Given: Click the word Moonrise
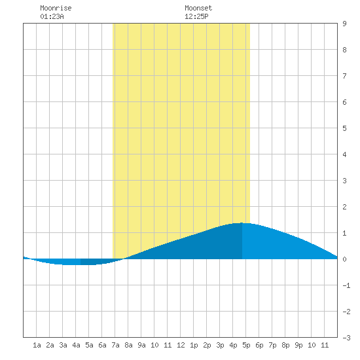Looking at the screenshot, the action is (x=56, y=8).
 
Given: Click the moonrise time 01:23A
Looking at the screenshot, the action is (x=52, y=16).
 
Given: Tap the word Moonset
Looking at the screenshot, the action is (x=198, y=8).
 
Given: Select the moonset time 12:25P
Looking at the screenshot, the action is (x=196, y=16).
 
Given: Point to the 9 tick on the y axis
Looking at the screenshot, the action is (x=344, y=24).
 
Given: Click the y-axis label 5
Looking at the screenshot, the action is (x=344, y=128).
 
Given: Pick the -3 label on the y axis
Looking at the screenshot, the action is (x=346, y=338).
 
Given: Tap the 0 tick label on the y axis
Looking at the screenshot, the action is (x=344, y=259).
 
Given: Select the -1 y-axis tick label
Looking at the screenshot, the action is (x=346, y=285).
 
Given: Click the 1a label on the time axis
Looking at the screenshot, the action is (x=37, y=345).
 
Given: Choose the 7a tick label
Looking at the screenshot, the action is (x=115, y=345).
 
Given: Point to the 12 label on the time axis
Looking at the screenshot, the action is (x=181, y=345).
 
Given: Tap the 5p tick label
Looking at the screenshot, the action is (x=246, y=345).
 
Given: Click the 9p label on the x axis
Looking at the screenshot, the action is (x=298, y=345).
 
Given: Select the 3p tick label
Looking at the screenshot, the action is (x=220, y=345).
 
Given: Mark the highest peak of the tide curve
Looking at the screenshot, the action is (x=242, y=223).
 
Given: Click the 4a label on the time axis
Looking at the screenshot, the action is (x=76, y=345).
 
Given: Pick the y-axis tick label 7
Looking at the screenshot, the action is (x=344, y=76).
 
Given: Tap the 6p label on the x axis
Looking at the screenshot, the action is (x=259, y=345).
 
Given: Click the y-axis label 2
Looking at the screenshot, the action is (x=344, y=207).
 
